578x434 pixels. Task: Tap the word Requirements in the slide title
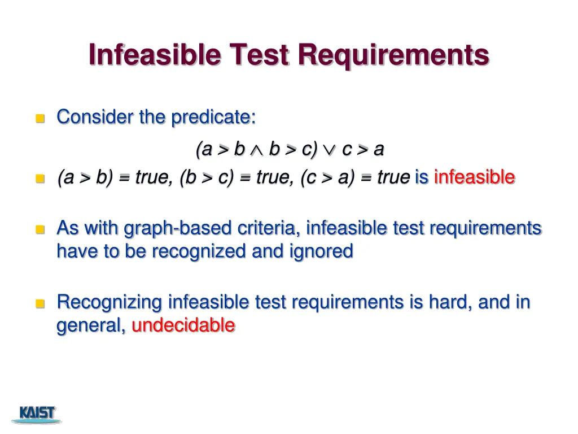393,55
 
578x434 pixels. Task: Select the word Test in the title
259,55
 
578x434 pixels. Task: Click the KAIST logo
37,414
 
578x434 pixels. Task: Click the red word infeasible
474,177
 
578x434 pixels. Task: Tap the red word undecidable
183,325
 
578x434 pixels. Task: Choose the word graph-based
170,228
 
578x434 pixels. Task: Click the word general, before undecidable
91,326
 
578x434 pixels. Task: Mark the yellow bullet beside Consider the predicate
40,118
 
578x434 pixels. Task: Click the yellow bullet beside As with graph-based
40,229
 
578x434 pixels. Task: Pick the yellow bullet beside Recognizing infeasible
40,303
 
